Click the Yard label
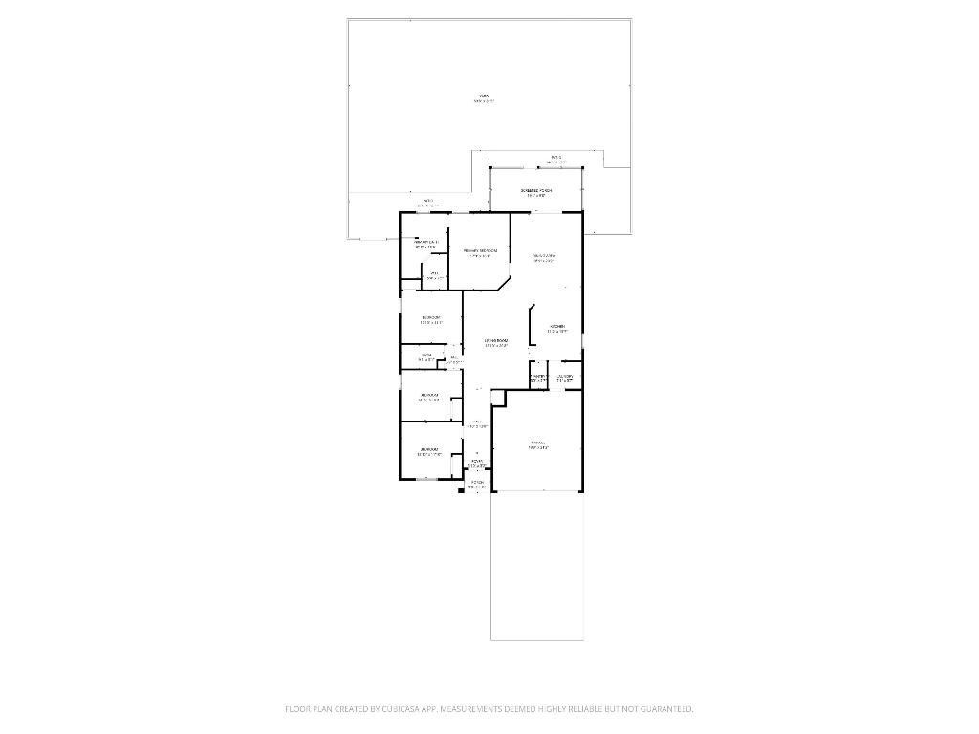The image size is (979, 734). pos(485,97)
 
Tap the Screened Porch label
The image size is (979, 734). pos(536,191)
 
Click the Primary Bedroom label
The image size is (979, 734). pos(480,252)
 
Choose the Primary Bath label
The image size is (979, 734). pos(425,244)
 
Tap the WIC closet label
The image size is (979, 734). pos(433,275)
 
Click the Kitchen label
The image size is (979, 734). pos(557,328)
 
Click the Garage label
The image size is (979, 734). pos(537,443)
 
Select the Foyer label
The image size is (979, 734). pos(477,463)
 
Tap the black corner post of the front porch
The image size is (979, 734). pos(462,491)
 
